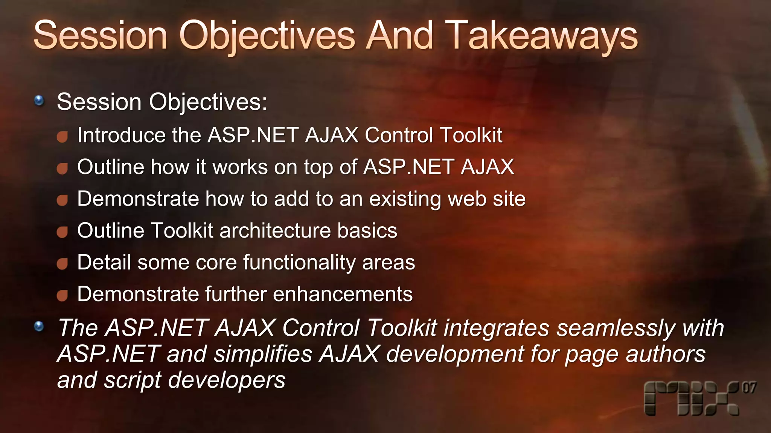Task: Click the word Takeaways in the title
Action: (x=541, y=36)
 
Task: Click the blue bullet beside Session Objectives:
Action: (x=39, y=100)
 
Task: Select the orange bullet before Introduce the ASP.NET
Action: (x=62, y=136)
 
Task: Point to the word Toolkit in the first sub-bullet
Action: (x=471, y=135)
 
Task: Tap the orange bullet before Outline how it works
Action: (x=62, y=168)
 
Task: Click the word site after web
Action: (x=509, y=199)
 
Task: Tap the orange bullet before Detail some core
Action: (x=62, y=264)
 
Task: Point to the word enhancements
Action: (x=343, y=294)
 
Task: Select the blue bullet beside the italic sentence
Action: (x=39, y=326)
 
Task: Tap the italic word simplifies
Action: (x=263, y=354)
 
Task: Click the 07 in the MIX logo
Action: (x=749, y=388)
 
